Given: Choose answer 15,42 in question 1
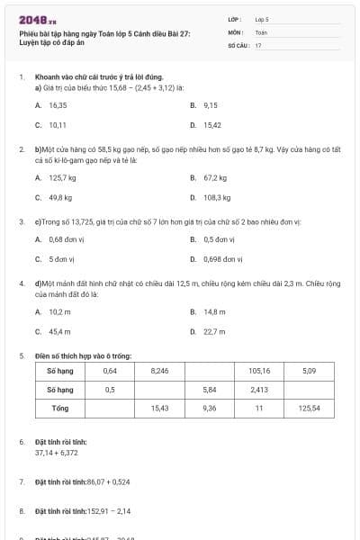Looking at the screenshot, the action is pyautogui.click(x=212, y=125).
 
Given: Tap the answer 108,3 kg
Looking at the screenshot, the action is pyautogui.click(x=217, y=197).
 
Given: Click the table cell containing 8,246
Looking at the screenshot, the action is pyautogui.click(x=160, y=371).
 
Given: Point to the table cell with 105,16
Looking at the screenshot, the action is pyautogui.click(x=259, y=371).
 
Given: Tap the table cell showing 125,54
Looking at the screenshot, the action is pyautogui.click(x=310, y=408).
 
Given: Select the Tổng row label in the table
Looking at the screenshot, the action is pyautogui.click(x=61, y=408).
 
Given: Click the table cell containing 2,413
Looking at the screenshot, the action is pyautogui.click(x=259, y=390).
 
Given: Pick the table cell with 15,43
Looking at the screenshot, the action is pyautogui.click(x=160, y=408).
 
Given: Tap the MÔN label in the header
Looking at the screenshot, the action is pyautogui.click(x=235, y=31).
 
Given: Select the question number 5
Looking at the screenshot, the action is pyautogui.click(x=21, y=355).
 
